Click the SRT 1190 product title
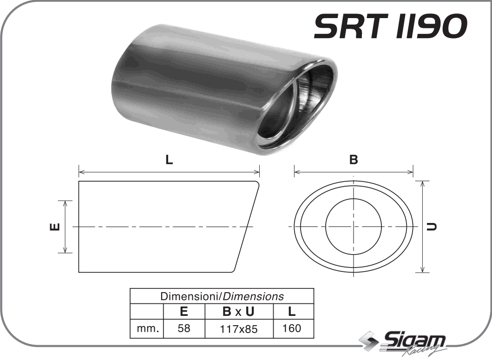389,26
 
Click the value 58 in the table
184,329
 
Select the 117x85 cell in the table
239,329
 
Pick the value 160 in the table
291,328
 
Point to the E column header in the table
184,312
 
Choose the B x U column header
239,312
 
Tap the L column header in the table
291,312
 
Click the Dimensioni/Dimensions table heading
222,296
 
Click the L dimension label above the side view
169,160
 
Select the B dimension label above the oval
354,160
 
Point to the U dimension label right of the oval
433,227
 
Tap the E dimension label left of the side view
54,227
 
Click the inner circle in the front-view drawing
354,226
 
